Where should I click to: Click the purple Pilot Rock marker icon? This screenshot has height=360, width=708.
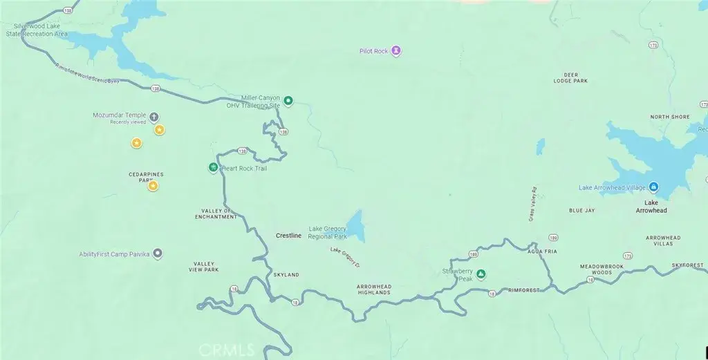point(396,50)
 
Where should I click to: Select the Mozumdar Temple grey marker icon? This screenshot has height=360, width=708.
point(154,117)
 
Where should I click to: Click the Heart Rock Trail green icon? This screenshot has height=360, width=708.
point(214,167)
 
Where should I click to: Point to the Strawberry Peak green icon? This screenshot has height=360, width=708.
point(481,274)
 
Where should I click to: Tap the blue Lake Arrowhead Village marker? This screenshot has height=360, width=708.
point(654,187)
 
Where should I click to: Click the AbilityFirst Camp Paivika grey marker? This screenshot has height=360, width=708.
point(158,254)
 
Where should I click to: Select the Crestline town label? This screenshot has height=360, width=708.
point(288,236)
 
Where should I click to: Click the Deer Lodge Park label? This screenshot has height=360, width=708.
point(570,77)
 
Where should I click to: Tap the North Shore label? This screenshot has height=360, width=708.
point(669,117)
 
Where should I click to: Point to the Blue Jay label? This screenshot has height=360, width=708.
point(581,210)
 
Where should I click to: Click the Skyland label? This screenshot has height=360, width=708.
point(286,275)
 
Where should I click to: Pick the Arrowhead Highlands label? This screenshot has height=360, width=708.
point(373,289)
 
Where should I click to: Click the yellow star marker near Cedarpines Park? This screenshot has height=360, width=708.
point(153,186)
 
